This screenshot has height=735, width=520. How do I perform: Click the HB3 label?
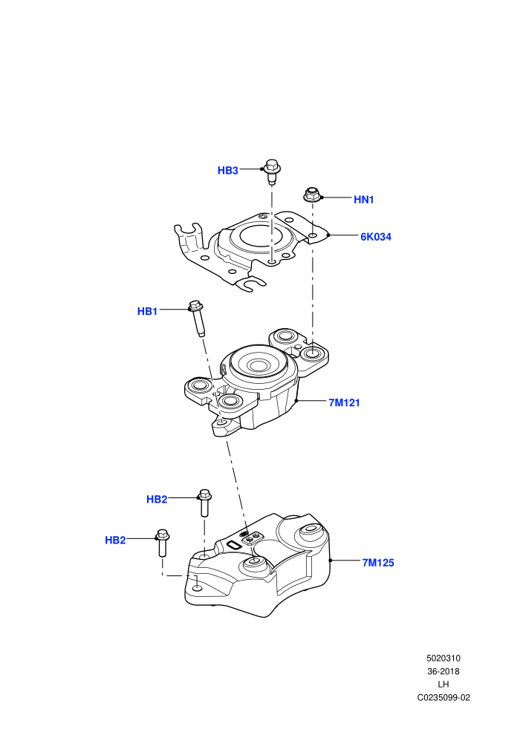(x=228, y=171)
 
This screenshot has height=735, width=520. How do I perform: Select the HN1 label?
(x=364, y=200)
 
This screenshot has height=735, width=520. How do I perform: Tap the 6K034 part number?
(x=376, y=237)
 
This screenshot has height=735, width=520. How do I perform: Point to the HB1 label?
(x=147, y=311)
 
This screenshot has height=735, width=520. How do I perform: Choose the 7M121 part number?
(x=344, y=402)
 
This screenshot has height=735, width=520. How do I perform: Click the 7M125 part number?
(x=378, y=563)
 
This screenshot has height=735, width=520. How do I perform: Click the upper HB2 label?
(x=157, y=499)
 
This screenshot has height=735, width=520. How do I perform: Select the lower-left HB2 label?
(x=115, y=540)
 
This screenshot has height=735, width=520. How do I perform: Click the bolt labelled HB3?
(x=272, y=171)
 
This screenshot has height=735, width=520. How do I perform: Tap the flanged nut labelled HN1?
(x=311, y=195)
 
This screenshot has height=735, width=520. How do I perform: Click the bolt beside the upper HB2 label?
(x=204, y=503)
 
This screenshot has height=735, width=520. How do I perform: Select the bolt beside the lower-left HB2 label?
(x=162, y=543)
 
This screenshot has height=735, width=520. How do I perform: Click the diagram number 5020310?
(x=443, y=658)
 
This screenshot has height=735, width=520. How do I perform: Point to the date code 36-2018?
(x=443, y=671)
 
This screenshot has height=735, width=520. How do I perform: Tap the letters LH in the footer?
(x=443, y=685)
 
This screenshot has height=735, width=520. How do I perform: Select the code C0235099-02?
(x=443, y=697)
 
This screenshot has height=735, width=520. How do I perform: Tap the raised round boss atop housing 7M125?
(x=310, y=530)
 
